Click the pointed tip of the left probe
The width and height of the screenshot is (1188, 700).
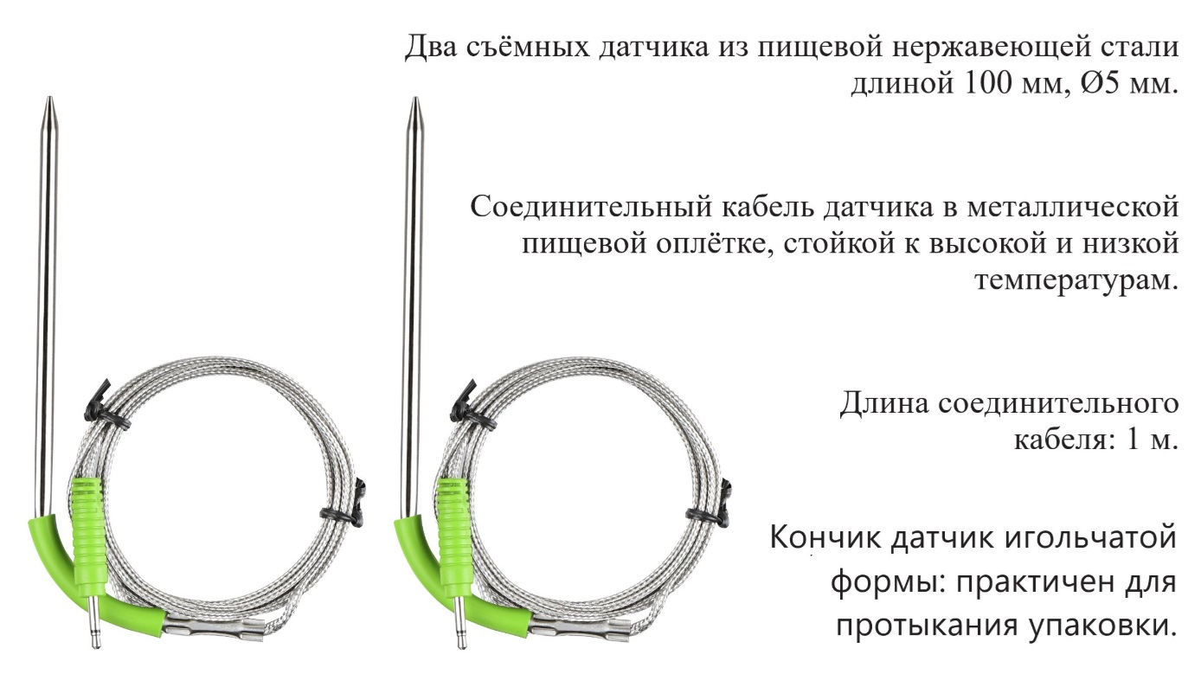coord(49,98)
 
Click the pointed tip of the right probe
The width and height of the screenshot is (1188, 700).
coord(415,98)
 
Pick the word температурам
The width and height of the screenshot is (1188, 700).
coord(1076,280)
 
